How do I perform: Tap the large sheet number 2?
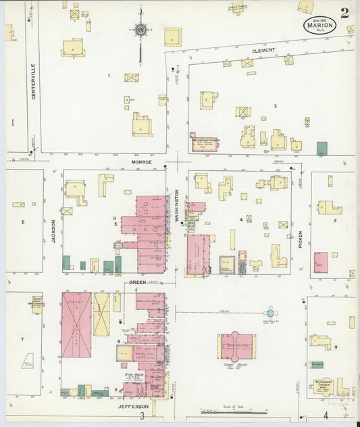click(x=344, y=13)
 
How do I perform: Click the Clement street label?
click(x=263, y=51)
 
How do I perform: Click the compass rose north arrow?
click(x=140, y=30)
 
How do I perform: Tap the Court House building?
click(x=236, y=346)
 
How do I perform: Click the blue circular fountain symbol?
click(x=269, y=313)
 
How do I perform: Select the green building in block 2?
click(x=322, y=147)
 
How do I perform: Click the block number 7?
click(x=22, y=339)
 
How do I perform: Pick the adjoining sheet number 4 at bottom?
click(x=326, y=415)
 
